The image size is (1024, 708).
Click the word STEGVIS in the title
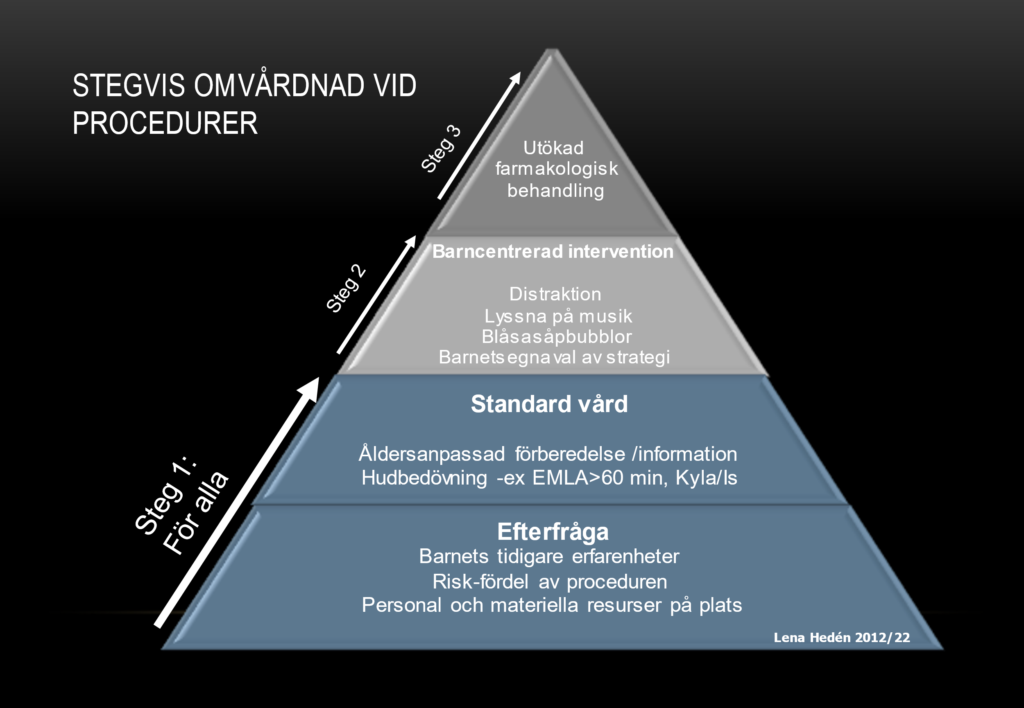click(x=128, y=86)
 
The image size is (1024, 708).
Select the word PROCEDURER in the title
click(x=165, y=123)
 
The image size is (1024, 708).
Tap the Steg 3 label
click(x=440, y=149)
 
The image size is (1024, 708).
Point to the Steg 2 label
click(x=346, y=289)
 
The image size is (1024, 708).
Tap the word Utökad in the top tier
click(x=553, y=148)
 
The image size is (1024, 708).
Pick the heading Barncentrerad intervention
click(x=553, y=252)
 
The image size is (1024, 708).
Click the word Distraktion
click(x=555, y=294)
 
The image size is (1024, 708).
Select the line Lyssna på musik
click(x=558, y=316)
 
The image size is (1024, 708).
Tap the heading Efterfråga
click(x=553, y=532)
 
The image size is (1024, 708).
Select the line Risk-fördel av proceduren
click(x=550, y=582)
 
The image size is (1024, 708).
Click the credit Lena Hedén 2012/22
click(x=842, y=638)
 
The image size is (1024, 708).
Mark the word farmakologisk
click(x=556, y=169)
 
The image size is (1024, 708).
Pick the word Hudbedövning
click(x=424, y=478)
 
